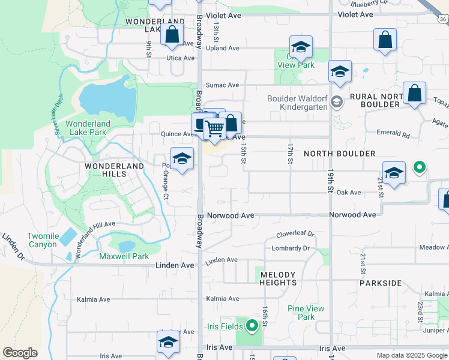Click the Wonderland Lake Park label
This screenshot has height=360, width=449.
[88, 128]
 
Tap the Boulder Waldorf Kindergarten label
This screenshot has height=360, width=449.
[298, 103]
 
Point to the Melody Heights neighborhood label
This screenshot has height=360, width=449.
[279, 278]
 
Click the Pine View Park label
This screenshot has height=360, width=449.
[306, 313]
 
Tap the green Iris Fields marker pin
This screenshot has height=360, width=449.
[252, 326]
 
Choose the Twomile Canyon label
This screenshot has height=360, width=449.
[42, 240]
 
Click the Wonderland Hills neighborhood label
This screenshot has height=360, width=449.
[114, 170]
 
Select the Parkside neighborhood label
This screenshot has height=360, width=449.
[381, 283]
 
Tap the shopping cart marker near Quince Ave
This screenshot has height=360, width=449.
[214, 128]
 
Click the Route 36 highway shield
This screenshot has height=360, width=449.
[442, 19]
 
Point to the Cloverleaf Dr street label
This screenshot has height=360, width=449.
[295, 234]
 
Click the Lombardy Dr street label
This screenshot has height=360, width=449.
[290, 248]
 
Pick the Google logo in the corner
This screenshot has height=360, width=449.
[20, 353]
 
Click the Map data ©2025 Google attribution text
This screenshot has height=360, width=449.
[412, 355]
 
